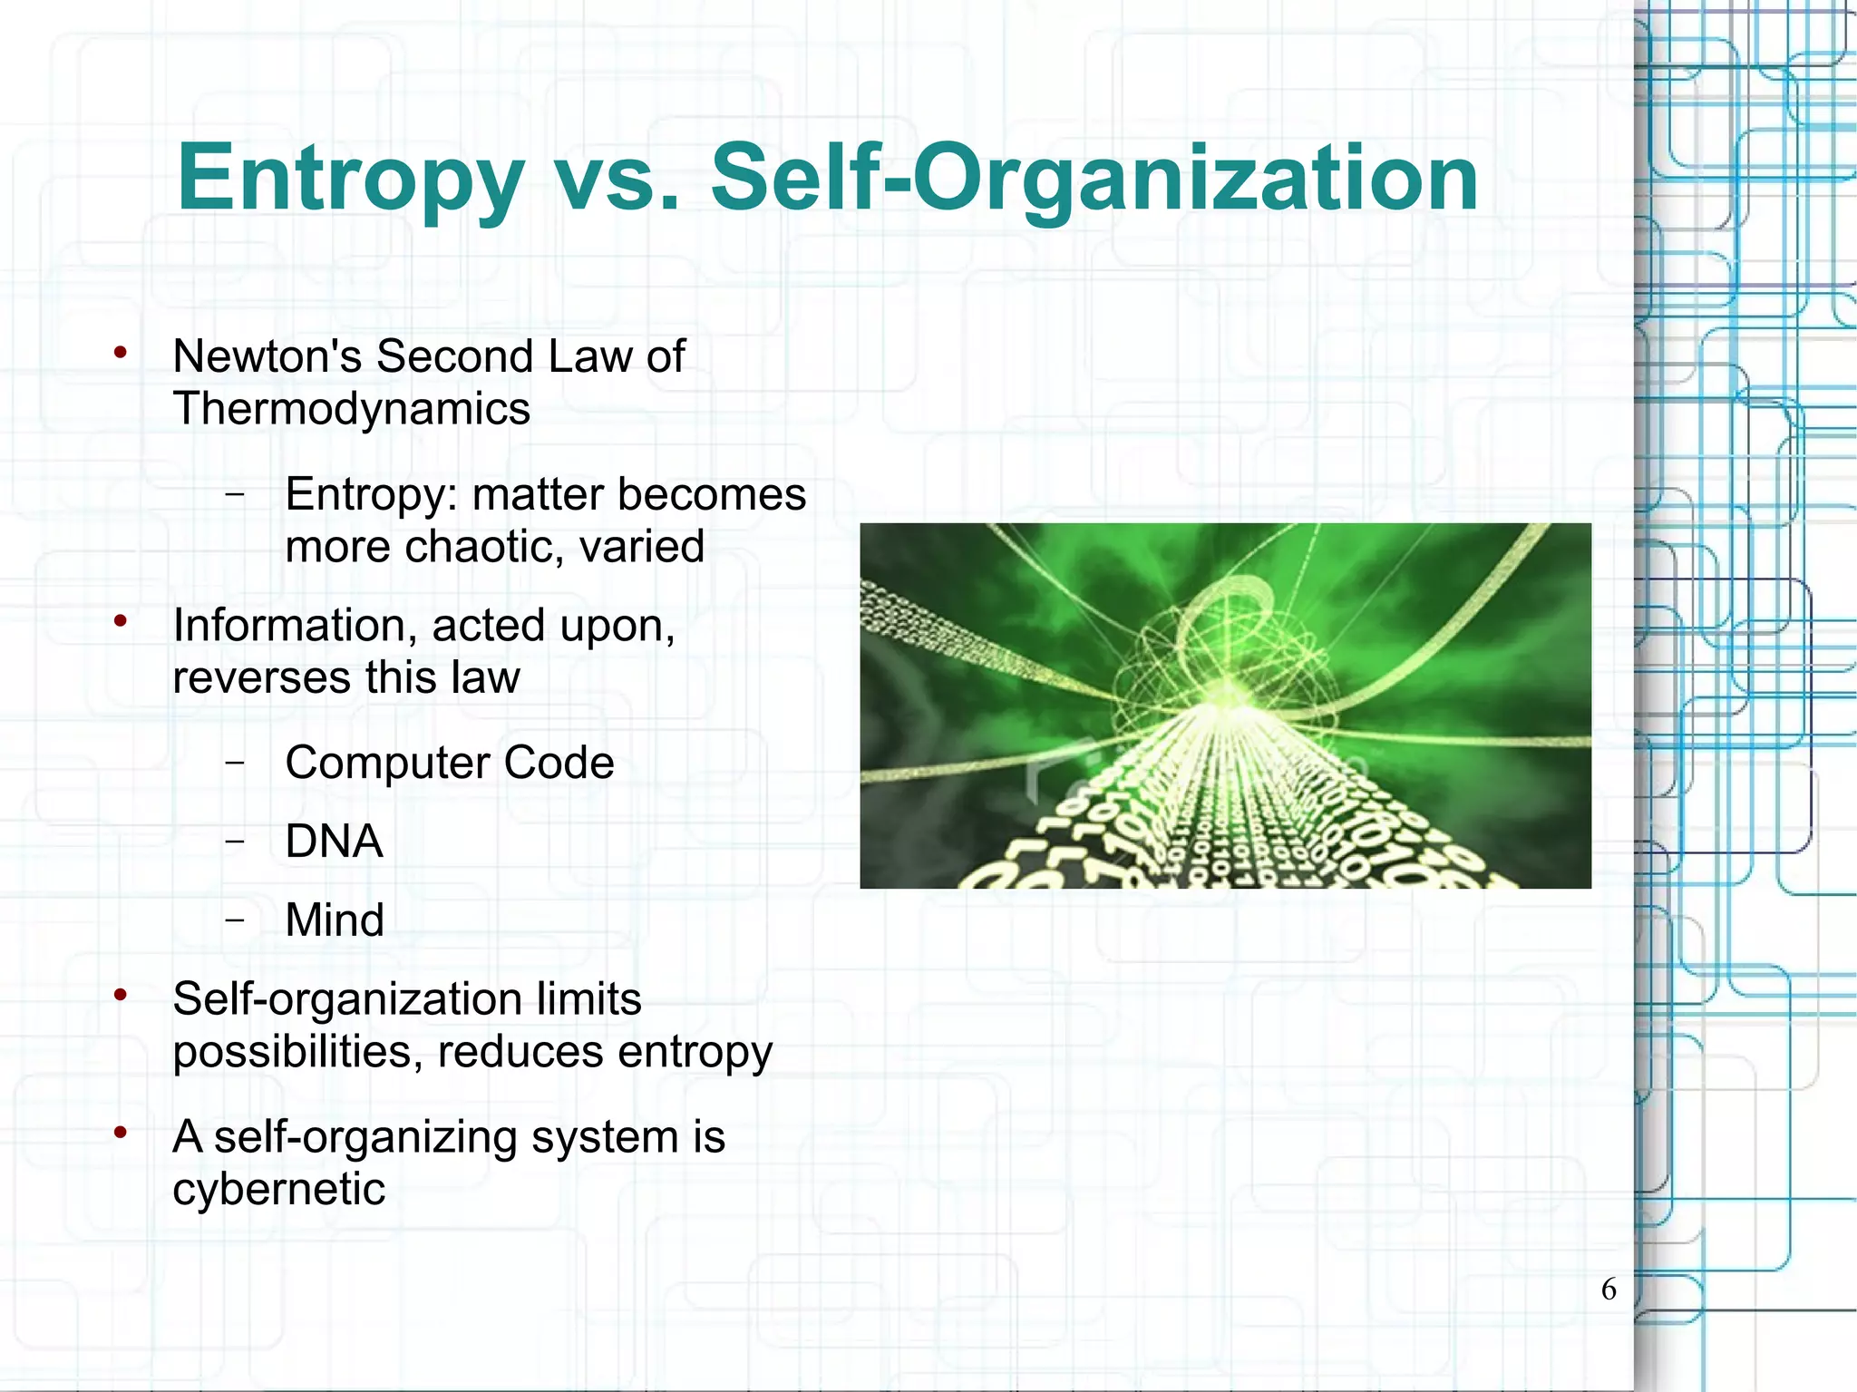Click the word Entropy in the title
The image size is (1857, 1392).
click(x=350, y=180)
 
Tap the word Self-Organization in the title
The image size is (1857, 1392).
click(x=1094, y=180)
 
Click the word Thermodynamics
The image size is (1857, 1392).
click(x=351, y=408)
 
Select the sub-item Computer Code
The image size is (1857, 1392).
click(x=449, y=763)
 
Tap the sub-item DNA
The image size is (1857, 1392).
click(x=334, y=842)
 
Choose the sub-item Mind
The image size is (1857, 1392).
click(x=335, y=920)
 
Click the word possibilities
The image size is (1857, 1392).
click(x=297, y=1052)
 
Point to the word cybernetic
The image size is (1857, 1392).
click(x=278, y=1189)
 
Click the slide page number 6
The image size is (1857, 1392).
click(x=1609, y=1289)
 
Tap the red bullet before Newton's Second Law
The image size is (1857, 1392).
click(x=120, y=353)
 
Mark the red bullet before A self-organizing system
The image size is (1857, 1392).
click(x=120, y=1133)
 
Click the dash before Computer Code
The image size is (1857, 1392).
click(x=235, y=763)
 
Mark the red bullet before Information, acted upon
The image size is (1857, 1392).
click(x=120, y=622)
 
